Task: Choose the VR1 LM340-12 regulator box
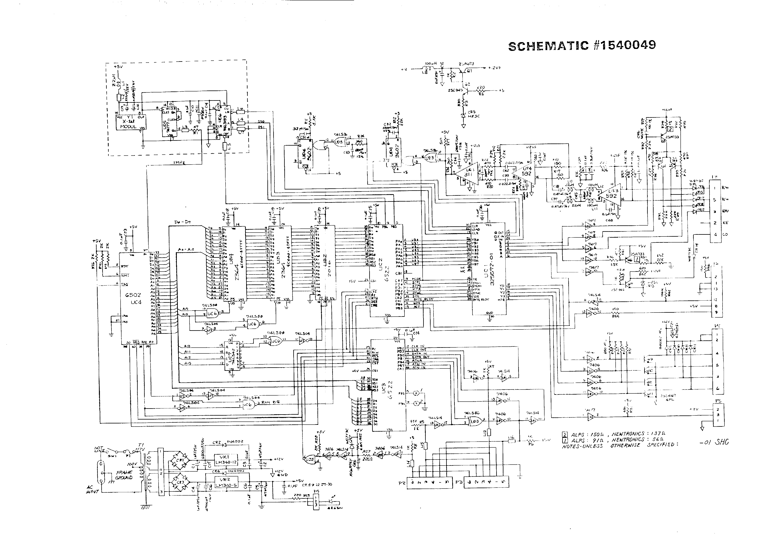coord(225,460)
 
